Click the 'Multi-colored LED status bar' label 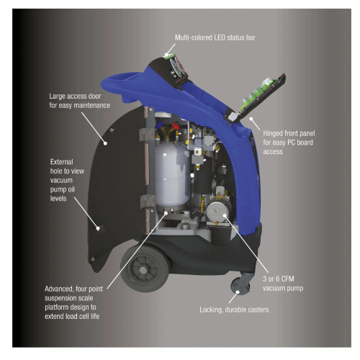coord(215,37)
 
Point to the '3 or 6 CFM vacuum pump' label coord(283,284)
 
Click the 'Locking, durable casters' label coord(234,310)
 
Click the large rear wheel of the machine coord(145,269)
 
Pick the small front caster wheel coord(240,287)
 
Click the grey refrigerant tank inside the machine coord(172,174)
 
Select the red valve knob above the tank coord(176,127)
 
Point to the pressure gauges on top coord(178,67)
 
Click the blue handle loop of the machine coord(125,84)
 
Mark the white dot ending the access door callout coord(105,143)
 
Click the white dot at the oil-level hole coord(98,228)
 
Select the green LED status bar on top coord(168,56)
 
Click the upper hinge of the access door coord(146,135)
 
